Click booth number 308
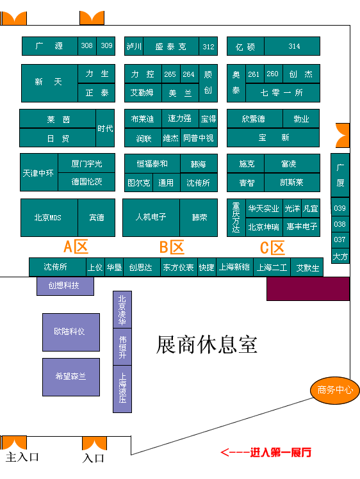tap(87, 46)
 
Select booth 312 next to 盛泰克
tap(208, 47)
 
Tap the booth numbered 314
tap(292, 46)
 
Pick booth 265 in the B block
tap(171, 74)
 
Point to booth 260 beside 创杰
tap(274, 74)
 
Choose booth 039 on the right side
tap(340, 208)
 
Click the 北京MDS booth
tap(49, 218)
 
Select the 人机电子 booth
tap(151, 218)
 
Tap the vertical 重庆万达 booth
tap(236, 218)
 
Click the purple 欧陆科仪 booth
tap(71, 332)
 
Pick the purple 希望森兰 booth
tap(71, 377)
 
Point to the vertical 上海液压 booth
tap(122, 389)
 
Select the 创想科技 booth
tap(65, 286)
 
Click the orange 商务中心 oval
tap(335, 390)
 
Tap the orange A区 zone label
tap(76, 247)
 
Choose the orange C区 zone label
tap(272, 248)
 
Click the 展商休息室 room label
tap(207, 345)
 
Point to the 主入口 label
tap(22, 457)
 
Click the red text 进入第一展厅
tap(281, 452)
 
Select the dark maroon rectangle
tap(308, 289)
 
